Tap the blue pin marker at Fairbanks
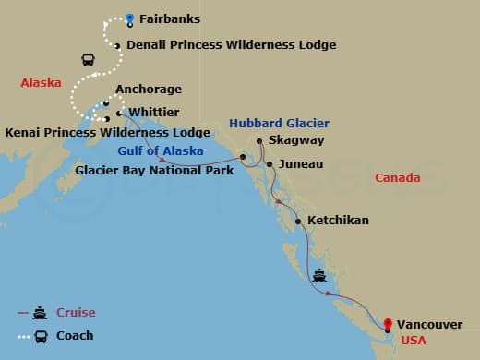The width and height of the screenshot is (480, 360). [x=130, y=18]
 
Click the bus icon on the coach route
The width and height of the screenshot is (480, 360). [x=88, y=60]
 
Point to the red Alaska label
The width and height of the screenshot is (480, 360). [x=41, y=83]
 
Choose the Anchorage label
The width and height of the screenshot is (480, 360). [x=149, y=90]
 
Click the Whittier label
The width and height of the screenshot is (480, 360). [x=153, y=112]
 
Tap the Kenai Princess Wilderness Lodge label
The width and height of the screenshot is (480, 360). [x=107, y=132]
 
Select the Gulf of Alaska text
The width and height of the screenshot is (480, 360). [x=156, y=151]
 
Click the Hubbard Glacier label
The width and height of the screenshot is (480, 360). [x=279, y=123]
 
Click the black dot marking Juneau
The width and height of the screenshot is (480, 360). [x=269, y=164]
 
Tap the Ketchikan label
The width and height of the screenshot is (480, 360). [x=338, y=221]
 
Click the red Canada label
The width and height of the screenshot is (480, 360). [x=397, y=177]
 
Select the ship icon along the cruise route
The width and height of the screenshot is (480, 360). [x=320, y=274]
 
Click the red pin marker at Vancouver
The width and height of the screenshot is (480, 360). [x=388, y=324]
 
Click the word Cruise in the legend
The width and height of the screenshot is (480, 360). [x=76, y=313]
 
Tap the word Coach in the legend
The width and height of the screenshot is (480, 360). [x=75, y=335]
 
